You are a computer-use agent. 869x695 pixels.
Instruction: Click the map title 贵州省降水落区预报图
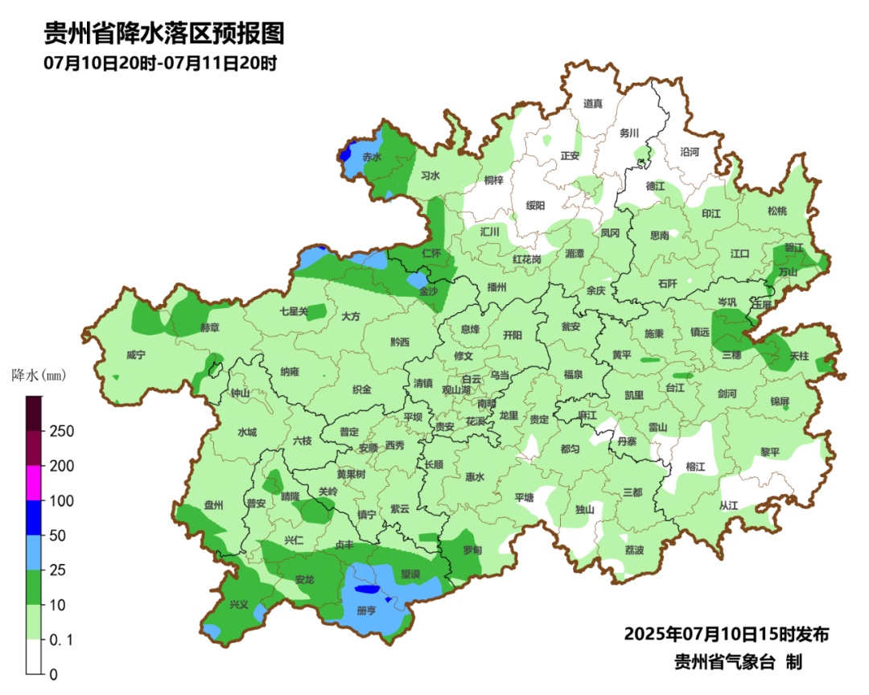tap(164, 34)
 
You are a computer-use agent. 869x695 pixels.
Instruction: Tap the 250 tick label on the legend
tap(62, 431)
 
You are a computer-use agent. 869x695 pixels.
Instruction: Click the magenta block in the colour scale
tap(34, 483)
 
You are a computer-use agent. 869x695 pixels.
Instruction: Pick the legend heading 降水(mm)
tap(38, 375)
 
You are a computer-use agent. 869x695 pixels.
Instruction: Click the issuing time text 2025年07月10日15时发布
tap(726, 634)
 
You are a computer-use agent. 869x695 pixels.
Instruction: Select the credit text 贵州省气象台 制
tap(738, 662)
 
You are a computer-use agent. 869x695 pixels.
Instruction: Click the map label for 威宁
tap(138, 355)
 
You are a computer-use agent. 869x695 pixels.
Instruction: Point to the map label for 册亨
tap(366, 611)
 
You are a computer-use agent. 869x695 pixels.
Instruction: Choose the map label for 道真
tap(592, 103)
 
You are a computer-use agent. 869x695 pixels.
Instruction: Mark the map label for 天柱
tap(799, 355)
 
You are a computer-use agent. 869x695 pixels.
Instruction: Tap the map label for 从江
tap(728, 505)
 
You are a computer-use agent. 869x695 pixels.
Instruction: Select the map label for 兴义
tap(239, 604)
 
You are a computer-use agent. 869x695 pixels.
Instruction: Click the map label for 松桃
tap(776, 211)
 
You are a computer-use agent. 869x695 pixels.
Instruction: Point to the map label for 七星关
tap(294, 310)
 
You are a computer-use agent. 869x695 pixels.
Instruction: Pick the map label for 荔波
tap(634, 550)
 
